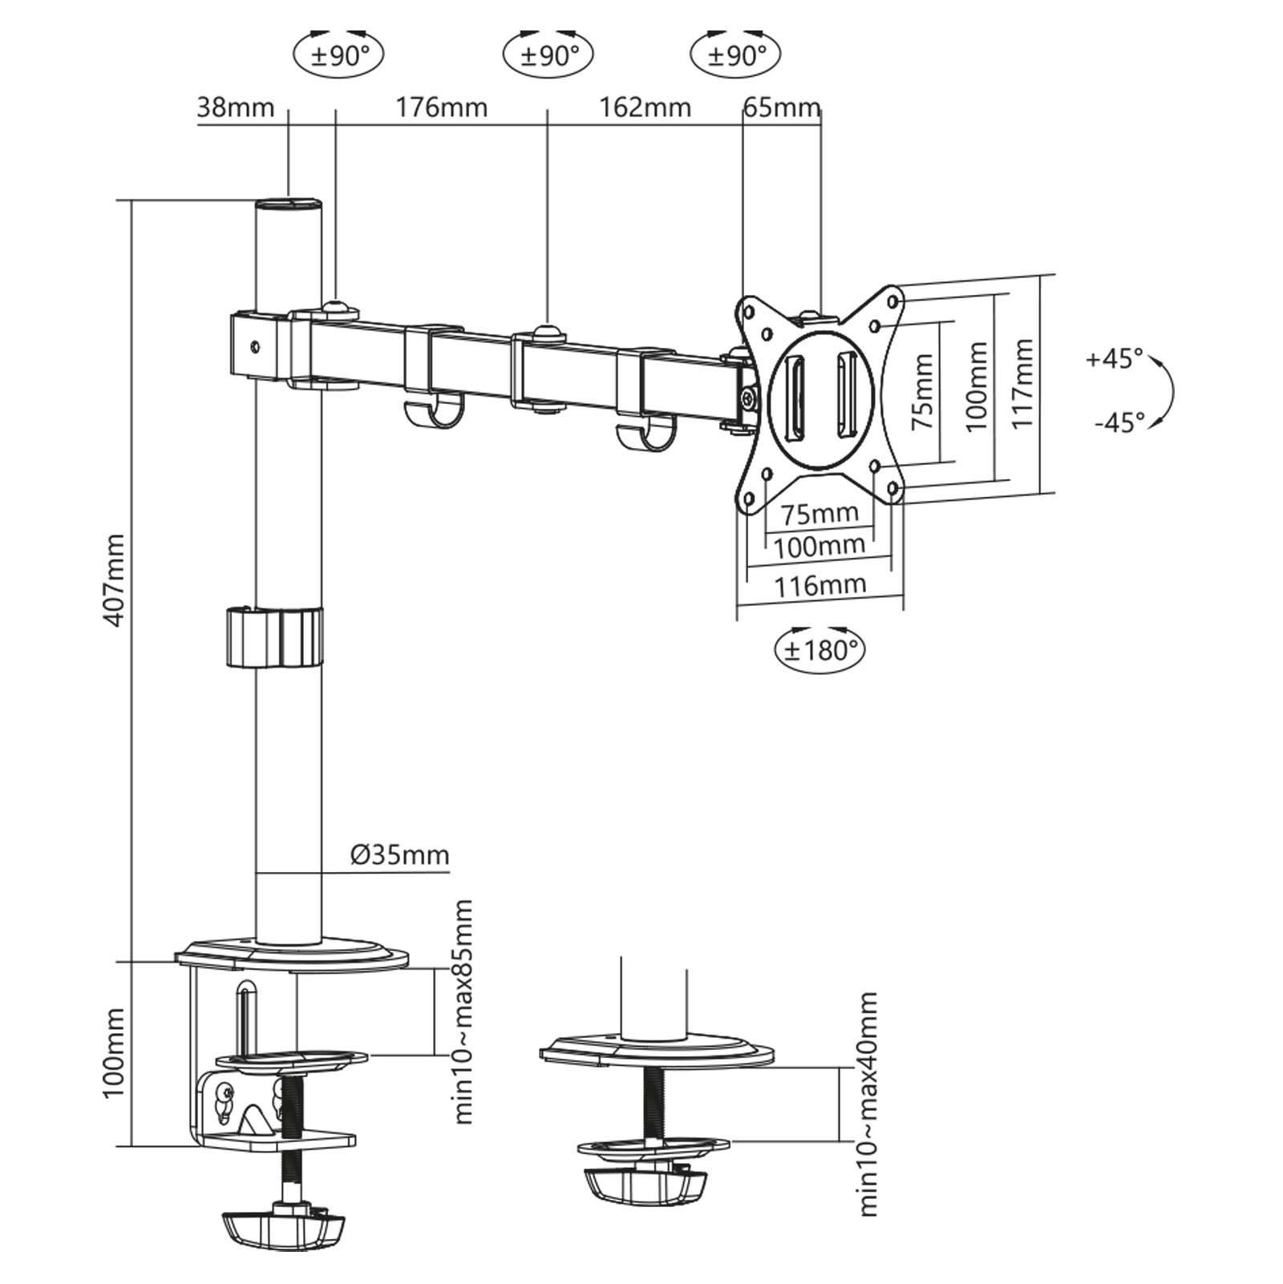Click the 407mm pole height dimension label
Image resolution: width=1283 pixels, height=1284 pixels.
click(115, 580)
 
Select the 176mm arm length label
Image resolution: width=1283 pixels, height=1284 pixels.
click(441, 107)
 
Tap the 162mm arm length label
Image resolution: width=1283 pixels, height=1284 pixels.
click(645, 107)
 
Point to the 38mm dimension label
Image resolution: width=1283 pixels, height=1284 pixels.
click(236, 107)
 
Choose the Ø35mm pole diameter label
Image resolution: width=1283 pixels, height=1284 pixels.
click(399, 855)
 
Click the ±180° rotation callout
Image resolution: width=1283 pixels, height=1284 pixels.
click(820, 648)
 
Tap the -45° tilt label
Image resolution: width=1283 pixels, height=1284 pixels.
click(1119, 422)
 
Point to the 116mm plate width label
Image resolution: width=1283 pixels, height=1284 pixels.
click(820, 585)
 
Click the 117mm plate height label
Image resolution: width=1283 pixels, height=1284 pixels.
click(1022, 383)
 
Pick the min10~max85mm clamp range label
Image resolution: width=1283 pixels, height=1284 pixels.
click(463, 1011)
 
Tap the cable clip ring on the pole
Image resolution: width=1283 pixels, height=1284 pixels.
click(273, 638)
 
